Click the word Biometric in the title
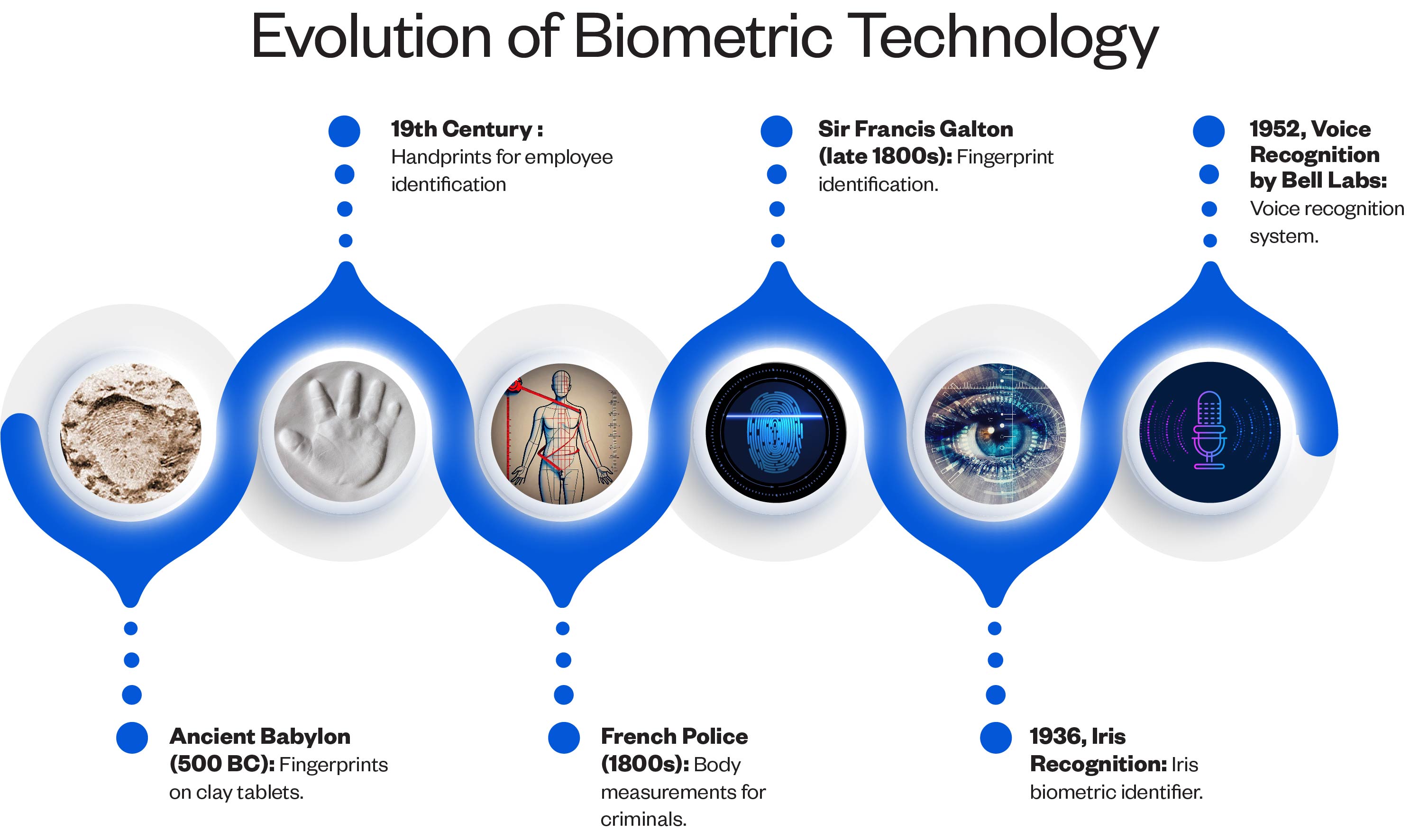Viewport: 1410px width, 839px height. pyautogui.click(x=703, y=37)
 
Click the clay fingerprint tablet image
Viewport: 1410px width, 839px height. pyautogui.click(x=131, y=433)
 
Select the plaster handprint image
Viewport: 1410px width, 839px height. pyautogui.click(x=345, y=432)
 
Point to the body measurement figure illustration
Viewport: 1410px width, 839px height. pyautogui.click(x=562, y=433)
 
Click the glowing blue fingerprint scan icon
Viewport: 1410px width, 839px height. pyautogui.click(x=776, y=433)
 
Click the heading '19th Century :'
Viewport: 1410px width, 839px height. pyautogui.click(x=467, y=129)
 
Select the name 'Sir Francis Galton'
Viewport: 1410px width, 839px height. pyautogui.click(x=916, y=129)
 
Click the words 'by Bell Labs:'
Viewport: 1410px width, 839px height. pyautogui.click(x=1318, y=180)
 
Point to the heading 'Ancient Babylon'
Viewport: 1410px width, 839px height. pyautogui.click(x=260, y=737)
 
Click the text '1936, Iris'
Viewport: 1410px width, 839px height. pyautogui.click(x=1077, y=737)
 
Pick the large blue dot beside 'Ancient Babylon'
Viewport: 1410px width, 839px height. pyautogui.click(x=132, y=738)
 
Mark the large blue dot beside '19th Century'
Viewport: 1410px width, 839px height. pyautogui.click(x=345, y=131)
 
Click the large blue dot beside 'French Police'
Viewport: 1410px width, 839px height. pyautogui.click(x=564, y=738)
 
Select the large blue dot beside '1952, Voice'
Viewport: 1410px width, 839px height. pyautogui.click(x=1209, y=131)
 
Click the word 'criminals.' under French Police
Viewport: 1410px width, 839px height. pyautogui.click(x=643, y=819)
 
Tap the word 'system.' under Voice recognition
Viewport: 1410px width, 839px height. pyautogui.click(x=1284, y=236)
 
